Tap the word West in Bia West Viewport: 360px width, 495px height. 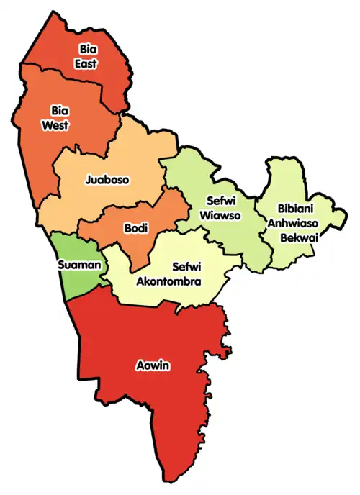coord(60,125)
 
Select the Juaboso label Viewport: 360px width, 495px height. coord(107,180)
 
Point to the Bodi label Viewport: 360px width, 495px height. coord(135,229)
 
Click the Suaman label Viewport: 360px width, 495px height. coord(78,265)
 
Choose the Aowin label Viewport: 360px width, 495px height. coord(153,366)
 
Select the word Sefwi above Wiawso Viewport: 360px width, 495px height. coord(221,201)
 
